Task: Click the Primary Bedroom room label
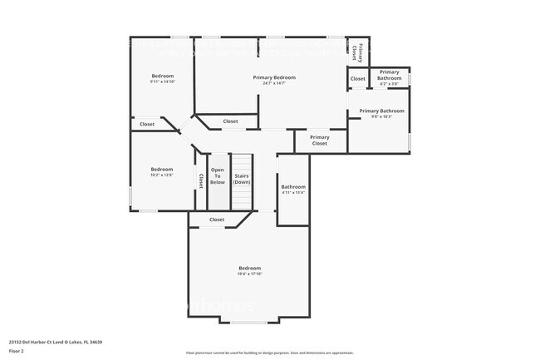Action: (x=274, y=77)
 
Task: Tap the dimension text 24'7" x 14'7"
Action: (x=274, y=83)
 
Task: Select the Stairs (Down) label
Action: (x=242, y=179)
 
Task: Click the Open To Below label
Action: (x=217, y=176)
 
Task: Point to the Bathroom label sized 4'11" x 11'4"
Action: (x=292, y=187)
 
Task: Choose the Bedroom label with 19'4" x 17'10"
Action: (x=249, y=268)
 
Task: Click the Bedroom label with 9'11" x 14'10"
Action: (x=162, y=76)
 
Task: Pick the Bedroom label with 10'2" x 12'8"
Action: (x=162, y=169)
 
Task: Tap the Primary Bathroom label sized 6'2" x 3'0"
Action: (x=389, y=72)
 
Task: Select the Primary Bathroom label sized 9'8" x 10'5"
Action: (x=381, y=111)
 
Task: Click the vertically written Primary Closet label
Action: (x=357, y=52)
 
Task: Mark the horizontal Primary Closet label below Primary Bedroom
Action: (x=320, y=141)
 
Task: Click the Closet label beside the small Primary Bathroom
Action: (x=357, y=79)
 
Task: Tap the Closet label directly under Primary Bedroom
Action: (x=230, y=121)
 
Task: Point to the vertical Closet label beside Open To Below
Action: (x=200, y=180)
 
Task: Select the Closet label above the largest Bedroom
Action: (x=217, y=219)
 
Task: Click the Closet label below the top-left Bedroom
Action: (x=147, y=124)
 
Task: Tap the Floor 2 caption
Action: (x=17, y=351)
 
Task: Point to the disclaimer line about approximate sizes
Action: (x=269, y=353)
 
